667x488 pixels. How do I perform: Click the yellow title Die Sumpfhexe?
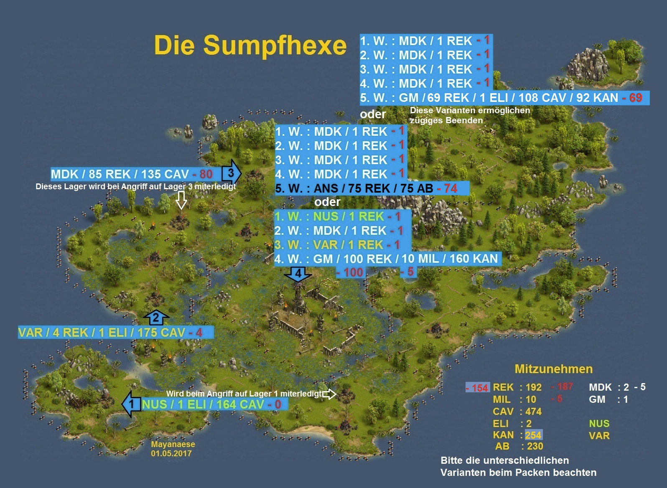[x=250, y=45]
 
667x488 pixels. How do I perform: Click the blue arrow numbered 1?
[x=131, y=404]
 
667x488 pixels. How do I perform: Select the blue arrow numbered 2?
[x=156, y=318]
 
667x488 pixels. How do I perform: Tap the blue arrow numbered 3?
[x=231, y=172]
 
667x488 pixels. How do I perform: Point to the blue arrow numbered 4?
[x=298, y=274]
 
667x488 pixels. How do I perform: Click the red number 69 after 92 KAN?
[x=635, y=98]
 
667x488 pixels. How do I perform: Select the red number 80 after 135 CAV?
[x=206, y=174]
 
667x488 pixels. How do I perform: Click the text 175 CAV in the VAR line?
[x=161, y=333]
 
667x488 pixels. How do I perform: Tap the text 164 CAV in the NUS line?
[x=240, y=404]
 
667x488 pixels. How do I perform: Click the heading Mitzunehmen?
[x=553, y=369]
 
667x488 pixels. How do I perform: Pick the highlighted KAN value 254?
[x=533, y=435]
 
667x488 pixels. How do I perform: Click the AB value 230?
[x=535, y=446]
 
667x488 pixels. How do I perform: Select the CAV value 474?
[x=533, y=412]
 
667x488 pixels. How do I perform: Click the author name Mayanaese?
[x=173, y=444]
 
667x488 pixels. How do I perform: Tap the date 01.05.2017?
[x=171, y=453]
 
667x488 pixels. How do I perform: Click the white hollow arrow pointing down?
[x=181, y=200]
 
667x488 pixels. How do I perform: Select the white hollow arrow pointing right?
[x=329, y=394]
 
